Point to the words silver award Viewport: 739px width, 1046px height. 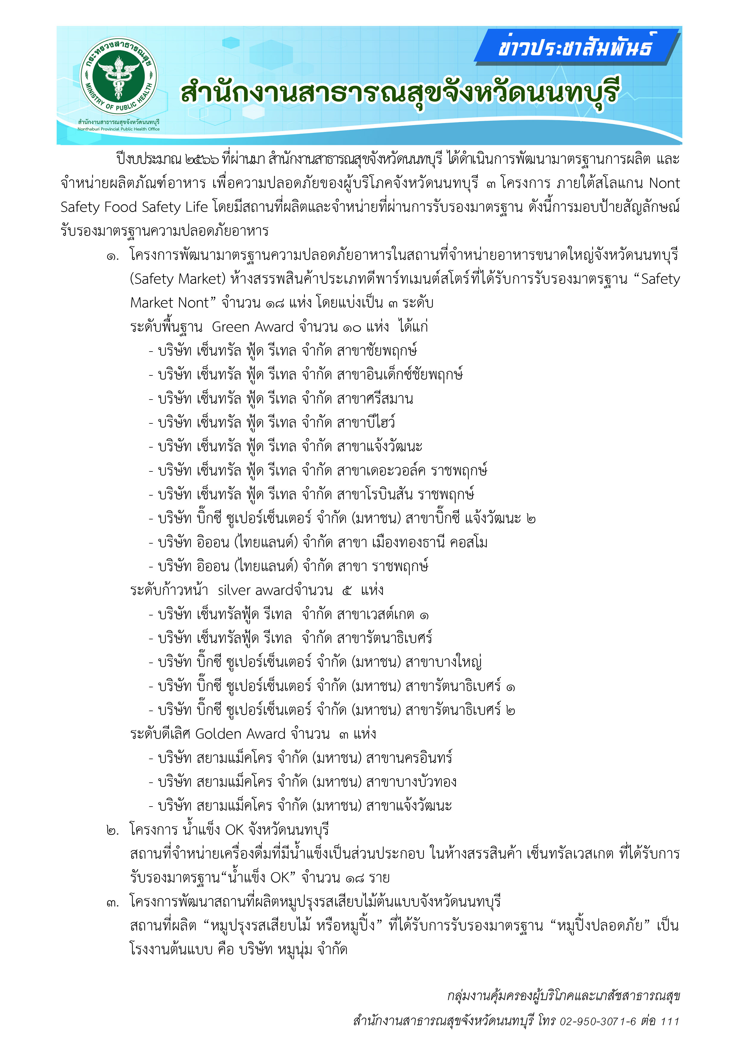point(255,590)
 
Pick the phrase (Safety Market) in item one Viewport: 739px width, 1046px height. point(178,279)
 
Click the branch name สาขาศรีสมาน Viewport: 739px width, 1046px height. point(375,399)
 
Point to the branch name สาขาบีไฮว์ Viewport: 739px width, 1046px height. point(366,422)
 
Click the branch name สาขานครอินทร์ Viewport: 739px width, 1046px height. point(409,758)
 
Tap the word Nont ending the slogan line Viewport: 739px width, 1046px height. point(664,183)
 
